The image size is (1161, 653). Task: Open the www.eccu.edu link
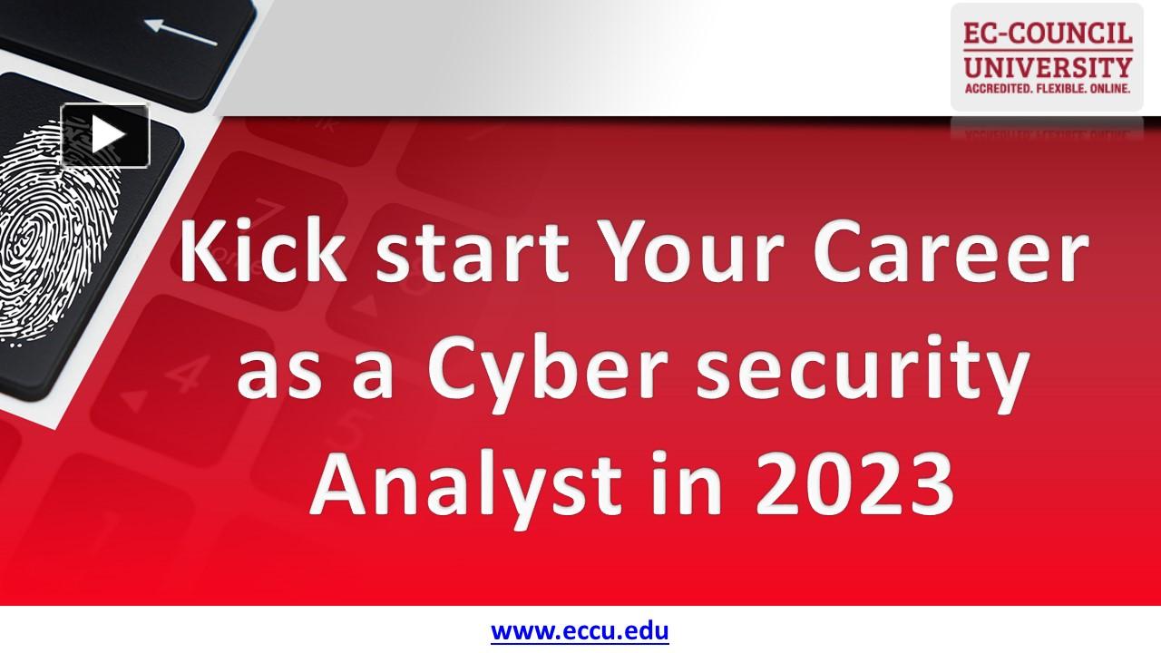pyautogui.click(x=580, y=629)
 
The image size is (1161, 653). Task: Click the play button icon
pyautogui.click(x=105, y=136)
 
